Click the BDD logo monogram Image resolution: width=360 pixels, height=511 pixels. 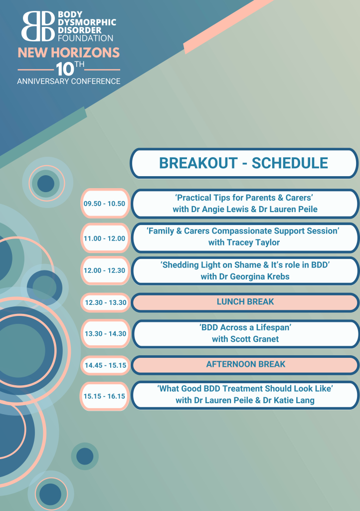(38, 26)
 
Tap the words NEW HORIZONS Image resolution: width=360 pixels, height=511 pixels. (69, 53)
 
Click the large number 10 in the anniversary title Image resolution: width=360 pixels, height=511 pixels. (65, 69)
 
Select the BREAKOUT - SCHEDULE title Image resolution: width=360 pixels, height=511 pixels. (243, 163)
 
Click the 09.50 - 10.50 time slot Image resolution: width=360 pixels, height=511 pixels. (105, 204)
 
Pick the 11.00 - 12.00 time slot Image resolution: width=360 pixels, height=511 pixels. (105, 239)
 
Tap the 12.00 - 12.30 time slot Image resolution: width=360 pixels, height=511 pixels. (105, 270)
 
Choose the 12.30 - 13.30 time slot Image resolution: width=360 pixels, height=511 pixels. (106, 302)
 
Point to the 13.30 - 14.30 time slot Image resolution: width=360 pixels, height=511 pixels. (106, 334)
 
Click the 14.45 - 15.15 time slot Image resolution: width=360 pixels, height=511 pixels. (106, 365)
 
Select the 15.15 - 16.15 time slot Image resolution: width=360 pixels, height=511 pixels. (105, 396)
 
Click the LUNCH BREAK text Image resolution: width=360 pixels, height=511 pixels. (245, 302)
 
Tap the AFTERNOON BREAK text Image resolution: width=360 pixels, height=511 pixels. (246, 364)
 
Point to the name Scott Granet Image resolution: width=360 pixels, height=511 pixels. (254, 339)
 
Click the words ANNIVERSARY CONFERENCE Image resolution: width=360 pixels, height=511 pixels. (69, 81)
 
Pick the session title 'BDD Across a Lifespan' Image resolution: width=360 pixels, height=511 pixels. (245, 327)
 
